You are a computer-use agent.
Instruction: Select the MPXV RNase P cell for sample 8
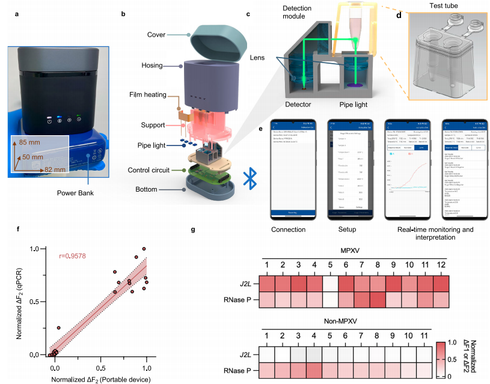378,299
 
